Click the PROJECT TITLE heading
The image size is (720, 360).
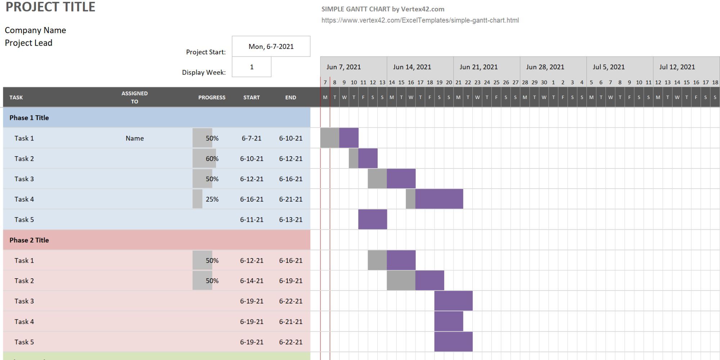click(50, 7)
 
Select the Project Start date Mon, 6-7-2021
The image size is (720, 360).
click(271, 46)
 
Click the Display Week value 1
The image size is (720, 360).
click(252, 67)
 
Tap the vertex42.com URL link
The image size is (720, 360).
click(420, 21)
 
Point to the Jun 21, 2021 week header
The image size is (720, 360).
click(478, 67)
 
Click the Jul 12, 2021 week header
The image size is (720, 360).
click(677, 67)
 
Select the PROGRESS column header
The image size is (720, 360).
click(212, 97)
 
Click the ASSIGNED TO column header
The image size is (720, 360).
click(134, 97)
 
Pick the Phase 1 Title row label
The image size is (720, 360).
click(29, 118)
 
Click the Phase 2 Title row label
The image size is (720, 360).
click(29, 240)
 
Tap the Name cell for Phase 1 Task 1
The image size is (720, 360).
click(135, 138)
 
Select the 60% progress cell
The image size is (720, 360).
click(212, 159)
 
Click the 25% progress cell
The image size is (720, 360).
click(212, 199)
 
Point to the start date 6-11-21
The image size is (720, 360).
click(252, 220)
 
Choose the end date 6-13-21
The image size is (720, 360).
click(291, 220)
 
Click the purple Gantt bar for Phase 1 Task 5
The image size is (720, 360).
click(373, 219)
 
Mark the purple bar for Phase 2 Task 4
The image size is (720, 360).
click(449, 321)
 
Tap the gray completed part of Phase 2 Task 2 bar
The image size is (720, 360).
click(401, 280)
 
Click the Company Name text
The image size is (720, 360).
click(35, 30)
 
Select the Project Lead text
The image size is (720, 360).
click(28, 43)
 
